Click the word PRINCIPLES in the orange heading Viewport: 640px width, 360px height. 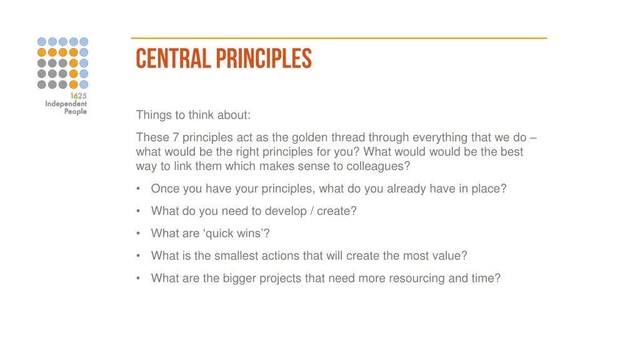(264, 59)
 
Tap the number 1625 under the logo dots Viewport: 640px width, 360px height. (78, 96)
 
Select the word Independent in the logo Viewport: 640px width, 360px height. (66, 104)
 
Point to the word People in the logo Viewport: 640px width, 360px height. (75, 112)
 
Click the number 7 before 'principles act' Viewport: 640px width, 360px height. (176, 137)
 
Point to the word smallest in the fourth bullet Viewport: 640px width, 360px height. (236, 256)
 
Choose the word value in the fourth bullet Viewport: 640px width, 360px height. (450, 256)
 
